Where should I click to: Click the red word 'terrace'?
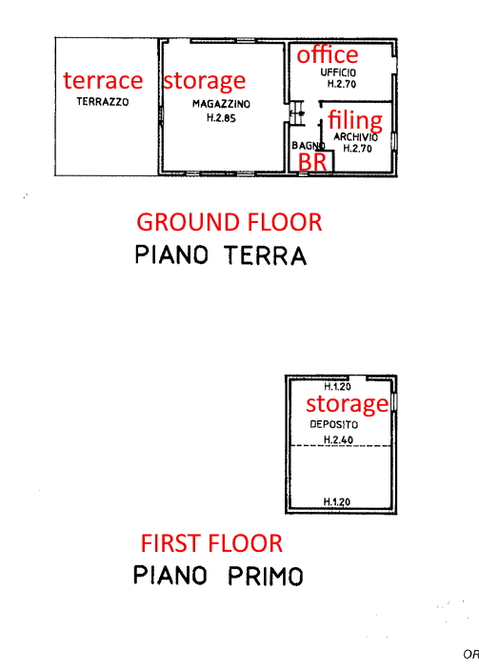pos(103,80)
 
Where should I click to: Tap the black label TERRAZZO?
pos(103,102)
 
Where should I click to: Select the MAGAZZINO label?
pos(221,104)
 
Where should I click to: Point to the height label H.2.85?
pos(221,117)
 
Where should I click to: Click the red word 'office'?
pos(328,54)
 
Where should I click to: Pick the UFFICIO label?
pos(338,72)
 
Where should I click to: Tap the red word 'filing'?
pos(355,121)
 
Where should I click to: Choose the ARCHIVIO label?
pos(355,137)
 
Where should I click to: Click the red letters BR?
pos(312,162)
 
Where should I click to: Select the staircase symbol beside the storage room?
pos(297,113)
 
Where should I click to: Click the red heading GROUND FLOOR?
pos(230,222)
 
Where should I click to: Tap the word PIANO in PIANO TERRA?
pos(171,255)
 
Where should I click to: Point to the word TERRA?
pos(266,255)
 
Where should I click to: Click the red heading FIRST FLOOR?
pos(211,543)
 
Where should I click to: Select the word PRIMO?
pos(265,576)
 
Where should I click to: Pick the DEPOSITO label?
pos(334,424)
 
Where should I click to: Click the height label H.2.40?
pos(338,440)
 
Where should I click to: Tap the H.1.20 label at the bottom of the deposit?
pos(337,501)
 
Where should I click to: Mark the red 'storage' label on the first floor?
pos(347,404)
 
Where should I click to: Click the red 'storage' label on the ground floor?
pos(205,81)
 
